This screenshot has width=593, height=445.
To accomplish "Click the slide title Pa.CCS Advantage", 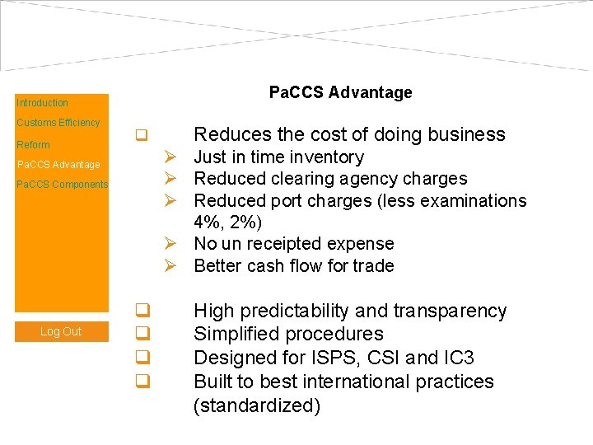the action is [x=340, y=92].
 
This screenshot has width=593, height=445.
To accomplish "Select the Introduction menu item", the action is [x=42, y=103].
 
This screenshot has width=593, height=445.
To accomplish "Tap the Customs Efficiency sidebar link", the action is [x=58, y=123].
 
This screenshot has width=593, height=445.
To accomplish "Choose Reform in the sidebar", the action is [x=33, y=145].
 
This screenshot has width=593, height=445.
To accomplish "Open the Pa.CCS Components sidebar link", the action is [x=62, y=185].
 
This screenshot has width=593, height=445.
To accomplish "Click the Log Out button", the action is [x=61, y=331].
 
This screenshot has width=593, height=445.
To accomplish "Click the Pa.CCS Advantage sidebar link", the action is [x=58, y=165].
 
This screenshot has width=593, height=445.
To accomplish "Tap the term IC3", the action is [x=458, y=358].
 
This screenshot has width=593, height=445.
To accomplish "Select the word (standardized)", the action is [x=257, y=405].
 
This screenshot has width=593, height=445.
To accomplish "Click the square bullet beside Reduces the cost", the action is [x=142, y=134].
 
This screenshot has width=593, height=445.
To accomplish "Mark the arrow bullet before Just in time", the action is [x=170, y=157].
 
